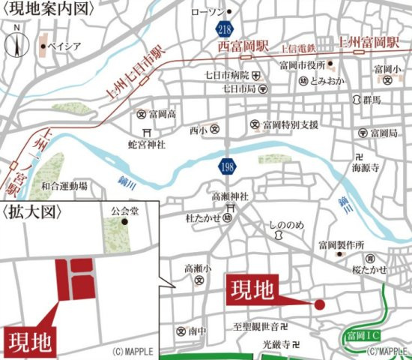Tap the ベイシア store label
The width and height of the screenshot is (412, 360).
[64, 46]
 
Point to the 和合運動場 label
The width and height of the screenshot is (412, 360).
[64, 185]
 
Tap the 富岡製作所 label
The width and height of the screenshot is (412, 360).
[341, 244]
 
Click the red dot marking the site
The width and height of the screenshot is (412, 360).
[319, 304]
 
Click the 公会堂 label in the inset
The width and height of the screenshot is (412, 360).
[124, 211]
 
